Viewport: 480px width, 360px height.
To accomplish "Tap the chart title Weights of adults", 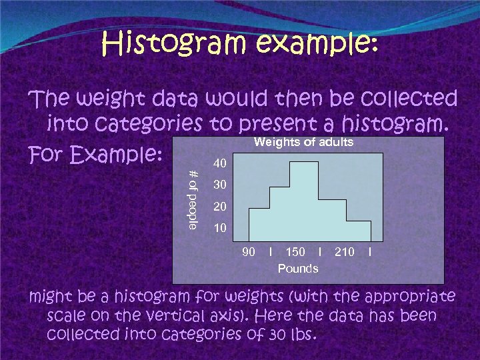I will click(x=303, y=142).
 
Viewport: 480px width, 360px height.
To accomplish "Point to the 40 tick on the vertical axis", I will click(x=219, y=163).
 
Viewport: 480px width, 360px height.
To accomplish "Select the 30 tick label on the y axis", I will click(x=219, y=185).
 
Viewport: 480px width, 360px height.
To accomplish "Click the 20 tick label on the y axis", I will click(x=219, y=207).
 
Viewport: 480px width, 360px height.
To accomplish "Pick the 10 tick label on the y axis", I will click(x=219, y=229).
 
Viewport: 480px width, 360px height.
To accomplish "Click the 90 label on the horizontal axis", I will click(x=248, y=251).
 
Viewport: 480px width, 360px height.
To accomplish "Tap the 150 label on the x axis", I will click(x=295, y=251).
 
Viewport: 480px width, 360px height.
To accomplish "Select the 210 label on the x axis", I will click(x=345, y=251).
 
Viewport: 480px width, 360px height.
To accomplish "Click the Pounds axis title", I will click(x=298, y=268).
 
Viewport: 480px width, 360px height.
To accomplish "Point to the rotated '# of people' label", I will click(x=193, y=199).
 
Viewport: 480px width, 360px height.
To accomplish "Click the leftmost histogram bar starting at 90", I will click(x=259, y=223).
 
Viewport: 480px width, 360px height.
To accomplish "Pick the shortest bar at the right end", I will click(x=357, y=230).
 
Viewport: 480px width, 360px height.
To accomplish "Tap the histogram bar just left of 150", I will click(x=279, y=213).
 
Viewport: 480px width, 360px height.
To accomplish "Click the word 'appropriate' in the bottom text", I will click(x=411, y=295).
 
